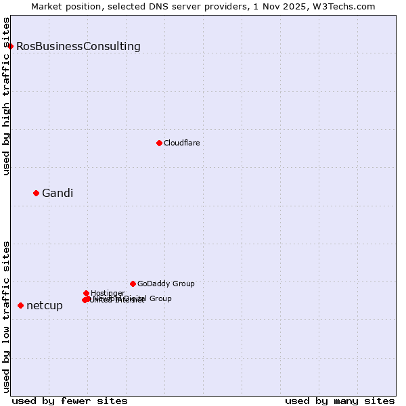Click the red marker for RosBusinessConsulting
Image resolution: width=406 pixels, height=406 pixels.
pyautogui.click(x=10, y=46)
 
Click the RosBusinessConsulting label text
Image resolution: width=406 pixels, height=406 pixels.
pyautogui.click(x=78, y=47)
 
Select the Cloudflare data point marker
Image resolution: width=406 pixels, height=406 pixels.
pyautogui.click(x=159, y=143)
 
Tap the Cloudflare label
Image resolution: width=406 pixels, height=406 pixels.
pyautogui.click(x=182, y=143)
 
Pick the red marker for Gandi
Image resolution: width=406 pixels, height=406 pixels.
pyautogui.click(x=36, y=193)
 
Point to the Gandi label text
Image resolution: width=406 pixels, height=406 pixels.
pyautogui.click(x=58, y=194)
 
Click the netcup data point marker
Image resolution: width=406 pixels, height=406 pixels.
pyautogui.click(x=20, y=306)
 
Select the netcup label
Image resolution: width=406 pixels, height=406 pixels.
pyautogui.click(x=45, y=306)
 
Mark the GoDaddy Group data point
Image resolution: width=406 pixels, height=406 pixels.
pyautogui.click(x=133, y=284)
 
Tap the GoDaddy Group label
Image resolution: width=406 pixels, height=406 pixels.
pyautogui.click(x=166, y=284)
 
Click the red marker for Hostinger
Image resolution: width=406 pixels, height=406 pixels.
pyautogui.click(x=86, y=293)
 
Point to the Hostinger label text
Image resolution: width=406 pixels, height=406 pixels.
pyautogui.click(x=108, y=293)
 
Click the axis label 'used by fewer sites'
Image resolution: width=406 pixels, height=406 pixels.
pyautogui.click(x=70, y=401)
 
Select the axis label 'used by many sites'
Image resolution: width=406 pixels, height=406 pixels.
pyautogui.click(x=340, y=401)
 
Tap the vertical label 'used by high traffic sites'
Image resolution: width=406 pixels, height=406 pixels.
pyautogui.click(x=7, y=96)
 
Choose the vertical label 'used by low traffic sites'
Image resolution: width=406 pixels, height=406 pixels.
pyautogui.click(x=7, y=317)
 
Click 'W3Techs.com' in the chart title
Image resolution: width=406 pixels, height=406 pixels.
pyautogui.click(x=348, y=6)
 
